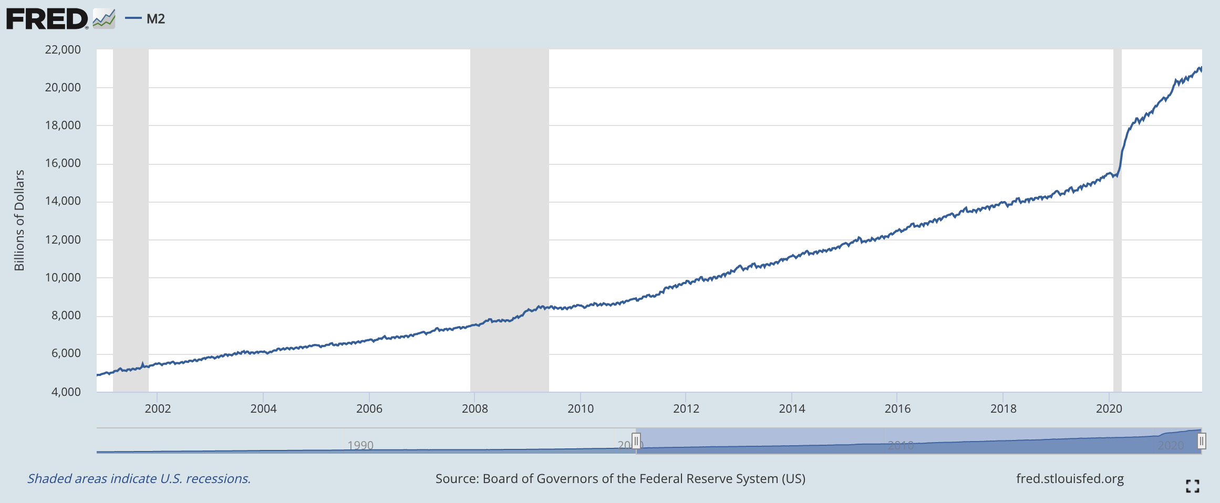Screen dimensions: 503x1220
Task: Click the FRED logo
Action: [47, 19]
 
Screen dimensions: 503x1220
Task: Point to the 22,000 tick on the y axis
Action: [63, 49]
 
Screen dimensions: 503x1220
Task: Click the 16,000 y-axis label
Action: [63, 163]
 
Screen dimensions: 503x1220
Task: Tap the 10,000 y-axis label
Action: [63, 277]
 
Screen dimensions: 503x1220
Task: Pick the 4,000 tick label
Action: [66, 392]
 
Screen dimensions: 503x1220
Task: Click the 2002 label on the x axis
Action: [158, 408]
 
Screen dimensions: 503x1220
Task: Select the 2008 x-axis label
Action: [474, 408]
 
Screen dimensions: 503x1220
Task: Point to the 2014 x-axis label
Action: [792, 408]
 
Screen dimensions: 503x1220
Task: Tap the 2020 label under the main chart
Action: [1109, 408]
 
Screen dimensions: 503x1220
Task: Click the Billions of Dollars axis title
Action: [19, 220]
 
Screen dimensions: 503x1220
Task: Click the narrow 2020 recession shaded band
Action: [1117, 263]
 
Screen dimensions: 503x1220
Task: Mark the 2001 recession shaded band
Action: [130, 210]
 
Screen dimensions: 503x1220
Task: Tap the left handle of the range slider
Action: [636, 441]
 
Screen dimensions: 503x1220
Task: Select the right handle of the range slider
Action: [1201, 441]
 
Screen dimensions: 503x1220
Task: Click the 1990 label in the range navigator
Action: [360, 445]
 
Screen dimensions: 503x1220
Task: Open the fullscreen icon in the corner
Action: [1193, 486]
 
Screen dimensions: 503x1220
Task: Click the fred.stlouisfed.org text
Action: [1070, 479]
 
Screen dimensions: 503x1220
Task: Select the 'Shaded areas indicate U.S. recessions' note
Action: [139, 479]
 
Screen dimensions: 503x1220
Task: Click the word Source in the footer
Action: [457, 479]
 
